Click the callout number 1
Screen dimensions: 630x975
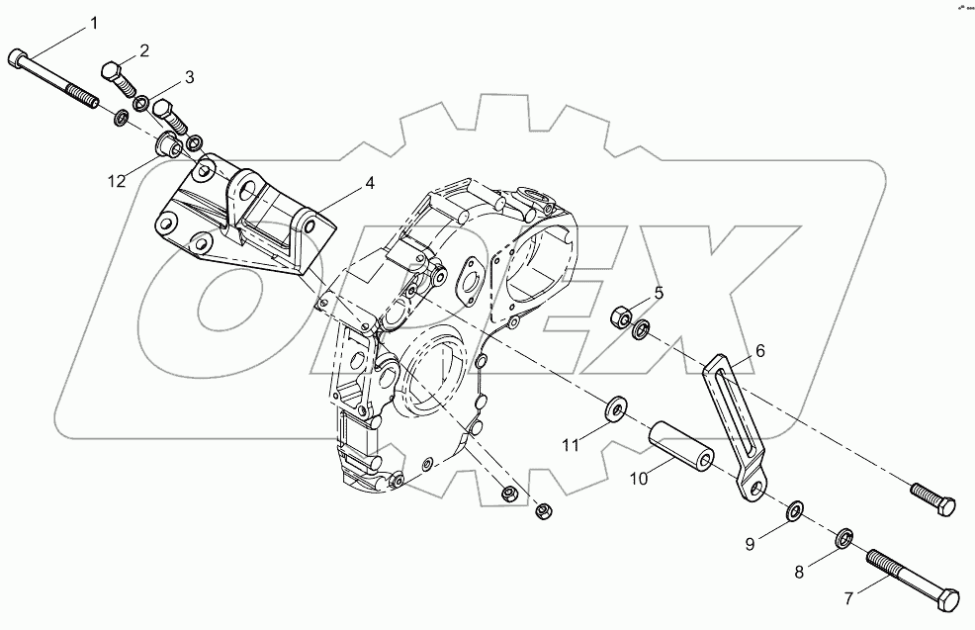[x=95, y=22]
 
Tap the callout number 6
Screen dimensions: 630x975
[x=760, y=350]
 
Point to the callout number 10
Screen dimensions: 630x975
[x=638, y=478]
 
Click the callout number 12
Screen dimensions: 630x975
[x=118, y=180]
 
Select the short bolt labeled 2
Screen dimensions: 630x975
[x=118, y=78]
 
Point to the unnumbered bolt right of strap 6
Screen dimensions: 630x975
[x=931, y=497]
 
